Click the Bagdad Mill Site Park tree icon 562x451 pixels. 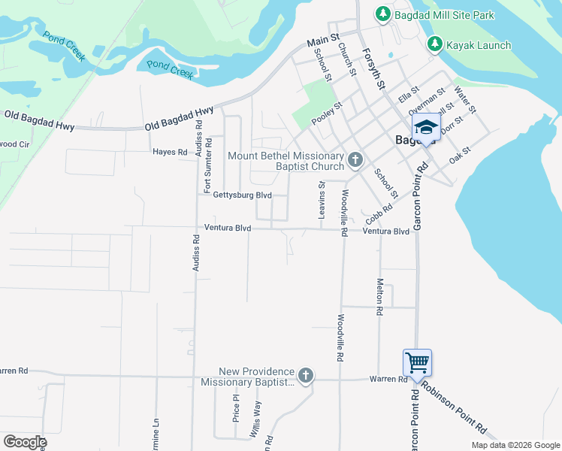(x=382, y=14)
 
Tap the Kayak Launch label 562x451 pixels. (x=479, y=45)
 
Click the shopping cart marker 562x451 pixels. (x=417, y=363)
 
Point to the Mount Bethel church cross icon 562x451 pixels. (x=355, y=159)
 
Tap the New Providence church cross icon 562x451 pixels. (x=305, y=375)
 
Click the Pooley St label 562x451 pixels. (x=328, y=112)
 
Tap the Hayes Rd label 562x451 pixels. (x=170, y=152)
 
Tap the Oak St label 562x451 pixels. (x=459, y=155)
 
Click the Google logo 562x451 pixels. (x=26, y=442)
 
